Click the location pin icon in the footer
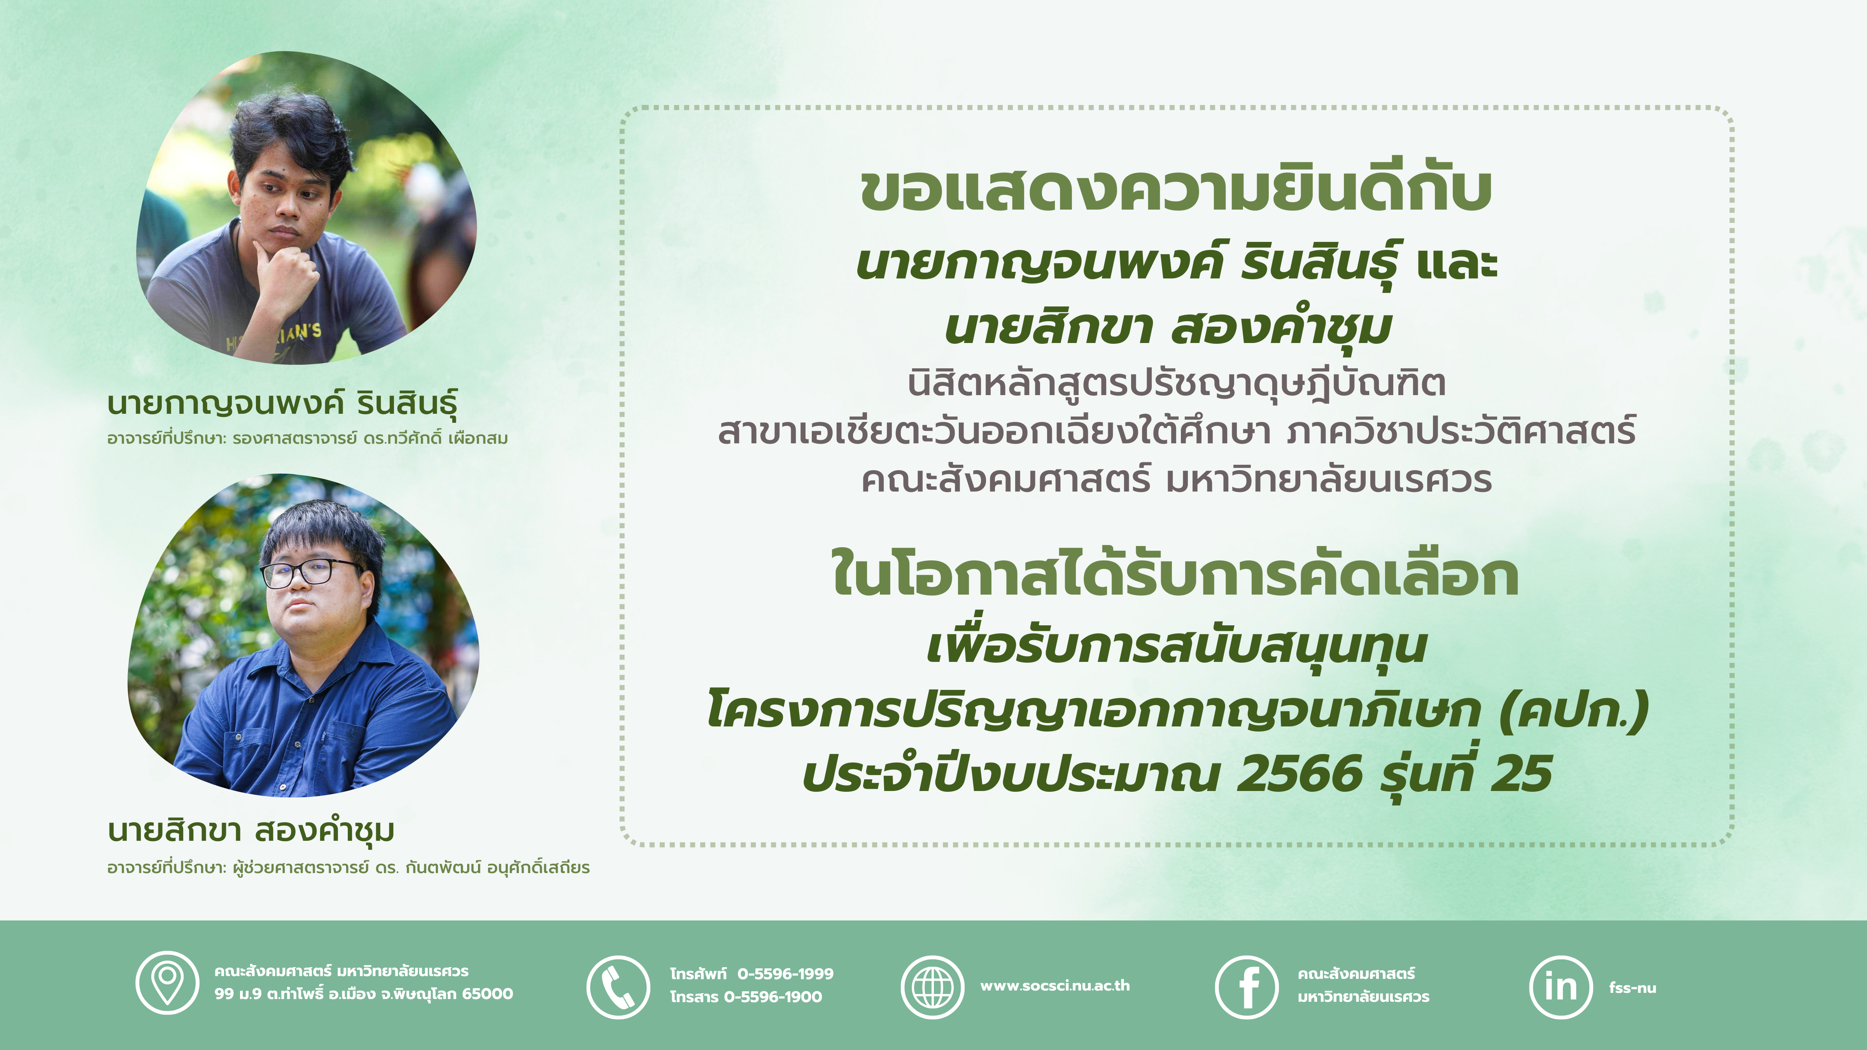(167, 983)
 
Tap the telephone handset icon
(618, 987)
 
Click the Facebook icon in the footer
(1247, 987)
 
